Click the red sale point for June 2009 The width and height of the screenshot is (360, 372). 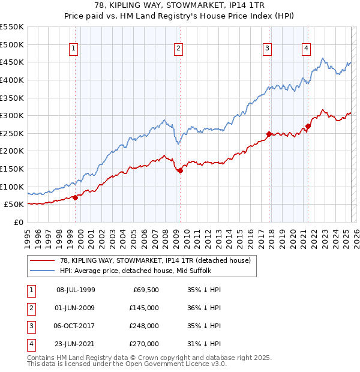coord(180,171)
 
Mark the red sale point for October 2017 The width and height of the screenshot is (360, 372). coord(269,134)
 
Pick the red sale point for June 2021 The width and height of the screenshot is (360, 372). coord(308,126)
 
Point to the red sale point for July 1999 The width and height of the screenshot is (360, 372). coord(75,197)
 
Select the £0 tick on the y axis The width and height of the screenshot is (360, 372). coord(18,222)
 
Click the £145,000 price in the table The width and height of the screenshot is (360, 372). coord(143,308)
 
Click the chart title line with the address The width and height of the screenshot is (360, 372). coord(180,7)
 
